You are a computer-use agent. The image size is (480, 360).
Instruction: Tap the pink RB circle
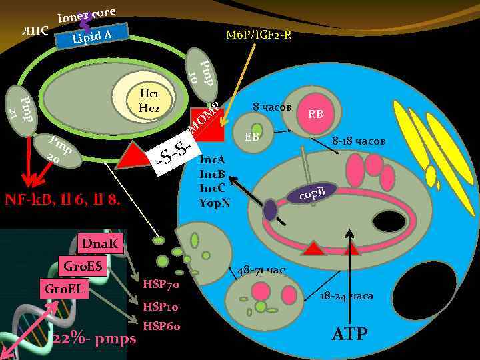click(x=316, y=114)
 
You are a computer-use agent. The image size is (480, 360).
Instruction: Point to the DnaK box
click(x=100, y=245)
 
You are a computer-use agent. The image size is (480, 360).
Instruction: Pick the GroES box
click(x=83, y=265)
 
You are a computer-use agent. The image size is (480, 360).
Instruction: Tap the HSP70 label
click(x=161, y=285)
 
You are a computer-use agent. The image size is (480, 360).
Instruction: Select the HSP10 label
click(x=161, y=307)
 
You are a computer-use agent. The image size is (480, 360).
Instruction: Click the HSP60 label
click(x=161, y=327)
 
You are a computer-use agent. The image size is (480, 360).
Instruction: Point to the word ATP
click(x=349, y=333)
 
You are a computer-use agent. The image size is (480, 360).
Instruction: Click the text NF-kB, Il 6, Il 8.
click(x=63, y=198)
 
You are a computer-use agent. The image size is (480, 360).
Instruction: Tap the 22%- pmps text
click(x=95, y=339)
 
